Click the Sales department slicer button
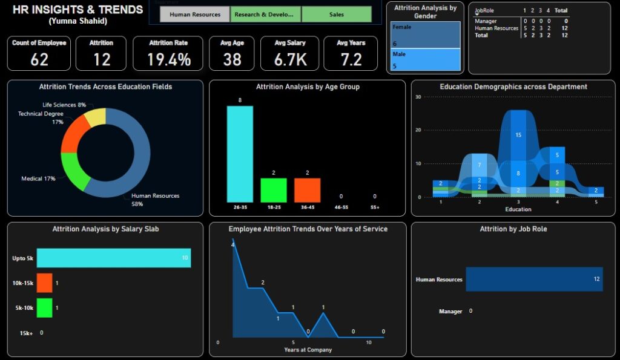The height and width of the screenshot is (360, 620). pos(337,15)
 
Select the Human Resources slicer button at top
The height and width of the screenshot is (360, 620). pos(195,15)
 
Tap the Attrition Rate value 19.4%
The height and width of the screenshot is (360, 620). pos(169,59)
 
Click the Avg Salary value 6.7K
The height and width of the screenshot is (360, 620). pos(289,59)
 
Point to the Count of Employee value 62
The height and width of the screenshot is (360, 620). pos(39,59)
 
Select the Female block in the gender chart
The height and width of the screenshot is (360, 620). pos(425,35)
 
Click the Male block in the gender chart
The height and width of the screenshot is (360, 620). pos(425,60)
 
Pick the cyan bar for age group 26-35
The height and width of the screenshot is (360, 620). pos(240,154)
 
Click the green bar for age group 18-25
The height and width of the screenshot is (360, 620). pos(274,190)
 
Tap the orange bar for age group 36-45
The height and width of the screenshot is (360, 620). pos(308,190)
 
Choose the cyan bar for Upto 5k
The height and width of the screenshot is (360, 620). pos(114,258)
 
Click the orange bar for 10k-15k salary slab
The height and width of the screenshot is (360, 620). pos(45,283)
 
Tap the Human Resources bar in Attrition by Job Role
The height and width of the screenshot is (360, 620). pos(534,280)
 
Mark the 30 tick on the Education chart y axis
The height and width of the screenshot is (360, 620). pos(418,97)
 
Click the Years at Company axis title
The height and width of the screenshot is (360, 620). pos(308,350)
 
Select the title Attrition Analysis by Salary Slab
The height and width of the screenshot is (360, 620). pos(105,229)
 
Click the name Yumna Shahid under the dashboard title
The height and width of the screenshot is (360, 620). pos(78,21)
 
